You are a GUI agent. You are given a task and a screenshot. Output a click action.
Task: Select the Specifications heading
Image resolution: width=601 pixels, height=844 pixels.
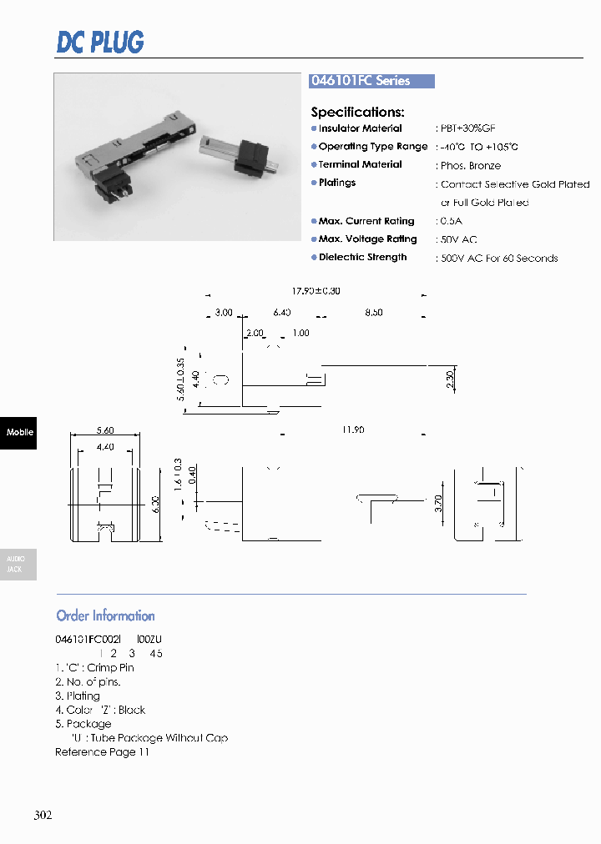click(x=357, y=112)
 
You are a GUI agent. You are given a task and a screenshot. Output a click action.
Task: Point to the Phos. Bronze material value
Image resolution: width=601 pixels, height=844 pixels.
click(x=470, y=165)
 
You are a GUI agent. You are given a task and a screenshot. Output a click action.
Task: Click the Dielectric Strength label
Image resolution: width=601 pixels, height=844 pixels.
click(x=362, y=258)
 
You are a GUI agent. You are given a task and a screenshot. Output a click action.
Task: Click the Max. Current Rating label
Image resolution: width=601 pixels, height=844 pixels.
click(x=366, y=221)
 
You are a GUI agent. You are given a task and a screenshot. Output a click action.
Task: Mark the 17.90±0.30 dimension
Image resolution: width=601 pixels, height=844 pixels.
click(x=316, y=291)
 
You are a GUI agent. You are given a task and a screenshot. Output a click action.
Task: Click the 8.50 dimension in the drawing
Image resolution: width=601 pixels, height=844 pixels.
click(x=373, y=312)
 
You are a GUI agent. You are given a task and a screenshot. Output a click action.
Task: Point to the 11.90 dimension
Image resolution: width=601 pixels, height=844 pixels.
click(x=352, y=430)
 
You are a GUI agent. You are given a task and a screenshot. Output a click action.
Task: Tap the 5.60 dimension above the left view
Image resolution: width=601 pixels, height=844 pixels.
click(x=104, y=430)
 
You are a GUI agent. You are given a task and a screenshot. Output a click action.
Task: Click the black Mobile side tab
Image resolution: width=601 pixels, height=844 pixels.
click(x=18, y=432)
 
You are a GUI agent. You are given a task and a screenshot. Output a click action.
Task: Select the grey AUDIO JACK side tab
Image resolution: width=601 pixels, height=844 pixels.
click(x=17, y=565)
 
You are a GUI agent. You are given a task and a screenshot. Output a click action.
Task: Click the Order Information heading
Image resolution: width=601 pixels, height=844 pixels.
click(x=105, y=616)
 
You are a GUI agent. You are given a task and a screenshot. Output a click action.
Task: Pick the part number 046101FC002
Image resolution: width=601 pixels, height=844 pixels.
click(x=88, y=639)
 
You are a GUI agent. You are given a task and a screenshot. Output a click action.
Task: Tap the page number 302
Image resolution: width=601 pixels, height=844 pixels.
click(x=43, y=815)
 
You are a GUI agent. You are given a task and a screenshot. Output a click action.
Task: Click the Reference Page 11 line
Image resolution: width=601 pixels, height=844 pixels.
click(x=102, y=752)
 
